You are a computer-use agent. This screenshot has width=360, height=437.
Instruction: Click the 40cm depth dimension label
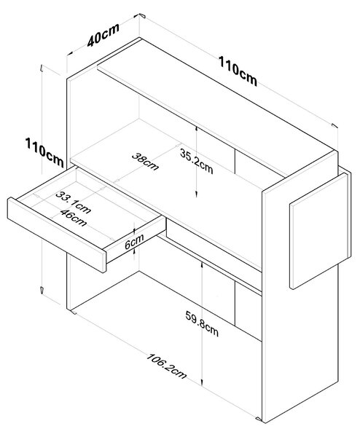(x=103, y=36)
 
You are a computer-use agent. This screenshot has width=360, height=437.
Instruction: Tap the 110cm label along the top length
(x=238, y=71)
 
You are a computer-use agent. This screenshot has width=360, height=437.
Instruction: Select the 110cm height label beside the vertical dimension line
(x=44, y=152)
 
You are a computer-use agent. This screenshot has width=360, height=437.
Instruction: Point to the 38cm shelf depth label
(x=145, y=162)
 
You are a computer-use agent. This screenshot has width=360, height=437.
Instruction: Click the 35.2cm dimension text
(x=196, y=161)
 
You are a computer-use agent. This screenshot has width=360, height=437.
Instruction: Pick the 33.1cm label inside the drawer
(x=73, y=202)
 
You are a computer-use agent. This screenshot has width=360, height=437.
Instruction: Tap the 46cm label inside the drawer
(x=74, y=217)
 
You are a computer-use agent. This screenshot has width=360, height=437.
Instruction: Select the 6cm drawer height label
(x=134, y=242)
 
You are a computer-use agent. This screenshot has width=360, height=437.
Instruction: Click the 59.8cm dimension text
(x=202, y=323)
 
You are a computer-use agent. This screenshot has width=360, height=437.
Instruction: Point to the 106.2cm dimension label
(x=166, y=366)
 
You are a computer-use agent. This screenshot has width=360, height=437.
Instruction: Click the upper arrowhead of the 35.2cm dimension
(x=197, y=129)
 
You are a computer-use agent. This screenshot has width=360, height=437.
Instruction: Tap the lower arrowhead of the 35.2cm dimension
(x=197, y=194)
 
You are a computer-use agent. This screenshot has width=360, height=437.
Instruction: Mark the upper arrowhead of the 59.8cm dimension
(x=202, y=265)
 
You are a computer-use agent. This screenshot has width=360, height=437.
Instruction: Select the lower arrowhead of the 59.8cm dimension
(x=202, y=382)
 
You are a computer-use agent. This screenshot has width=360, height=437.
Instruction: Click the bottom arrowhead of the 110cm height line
(x=42, y=290)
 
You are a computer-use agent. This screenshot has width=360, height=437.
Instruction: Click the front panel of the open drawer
(x=57, y=235)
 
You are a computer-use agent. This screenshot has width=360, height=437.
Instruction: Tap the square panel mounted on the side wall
(x=318, y=231)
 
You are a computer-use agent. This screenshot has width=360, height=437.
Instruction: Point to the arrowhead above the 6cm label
(x=134, y=231)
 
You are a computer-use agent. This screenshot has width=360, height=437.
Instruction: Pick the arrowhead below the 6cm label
(x=134, y=251)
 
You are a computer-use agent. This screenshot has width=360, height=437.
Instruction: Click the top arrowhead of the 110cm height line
(x=42, y=68)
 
